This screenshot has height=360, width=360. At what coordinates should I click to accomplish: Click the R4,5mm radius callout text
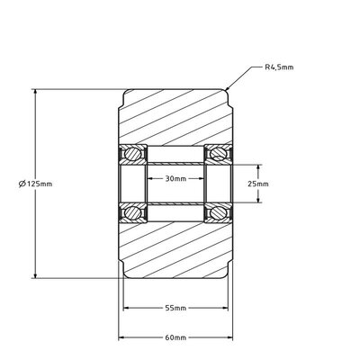coord(280,67)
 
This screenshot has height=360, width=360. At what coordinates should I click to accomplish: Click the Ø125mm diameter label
coord(36,184)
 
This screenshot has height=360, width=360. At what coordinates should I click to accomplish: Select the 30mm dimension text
coord(175,178)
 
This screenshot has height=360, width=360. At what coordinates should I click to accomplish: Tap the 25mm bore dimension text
coord(258,184)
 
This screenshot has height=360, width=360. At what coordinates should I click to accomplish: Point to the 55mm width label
coord(175,309)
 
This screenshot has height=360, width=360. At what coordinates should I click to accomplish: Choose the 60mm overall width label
coord(175,338)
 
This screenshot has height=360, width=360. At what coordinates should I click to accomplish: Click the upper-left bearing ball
coord(132,153)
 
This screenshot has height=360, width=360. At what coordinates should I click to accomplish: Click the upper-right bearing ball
coord(219,153)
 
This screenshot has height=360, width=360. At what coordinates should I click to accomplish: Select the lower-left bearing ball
coord(132,213)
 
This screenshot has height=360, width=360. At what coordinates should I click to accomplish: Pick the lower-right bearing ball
coord(219,213)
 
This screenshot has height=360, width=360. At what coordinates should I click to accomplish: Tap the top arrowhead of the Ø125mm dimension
coord(35,90)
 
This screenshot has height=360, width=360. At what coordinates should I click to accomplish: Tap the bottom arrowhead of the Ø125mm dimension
coord(35,277)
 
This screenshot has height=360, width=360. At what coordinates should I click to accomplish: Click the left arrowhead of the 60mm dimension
coord(121,338)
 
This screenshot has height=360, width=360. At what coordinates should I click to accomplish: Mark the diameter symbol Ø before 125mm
coord(22,184)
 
